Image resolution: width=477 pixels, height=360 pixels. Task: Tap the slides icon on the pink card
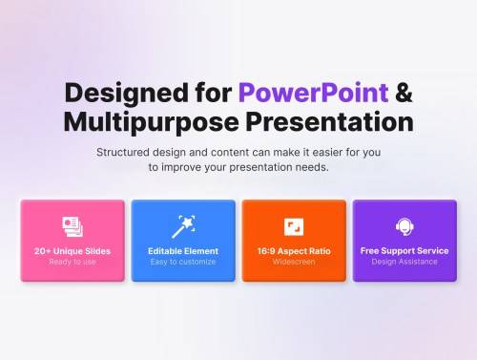[x=73, y=226]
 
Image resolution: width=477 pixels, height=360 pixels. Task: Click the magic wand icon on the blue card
[x=182, y=226]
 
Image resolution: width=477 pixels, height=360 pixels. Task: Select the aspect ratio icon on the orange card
[x=294, y=226]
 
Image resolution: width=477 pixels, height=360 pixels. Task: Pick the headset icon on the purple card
[x=404, y=226]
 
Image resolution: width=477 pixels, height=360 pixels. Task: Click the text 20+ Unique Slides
[x=73, y=251]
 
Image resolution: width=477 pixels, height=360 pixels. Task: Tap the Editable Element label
[x=183, y=251]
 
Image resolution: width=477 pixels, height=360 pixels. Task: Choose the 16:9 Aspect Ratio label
[x=294, y=251]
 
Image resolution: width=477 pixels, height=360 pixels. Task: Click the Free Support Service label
[x=404, y=251]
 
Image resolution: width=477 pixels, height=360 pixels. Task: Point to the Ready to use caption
[x=73, y=263]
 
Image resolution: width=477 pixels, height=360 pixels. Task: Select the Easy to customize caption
[x=183, y=263]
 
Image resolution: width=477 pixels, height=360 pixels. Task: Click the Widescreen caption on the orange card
[x=294, y=263]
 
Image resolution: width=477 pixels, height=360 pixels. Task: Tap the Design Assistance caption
[x=404, y=263]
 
